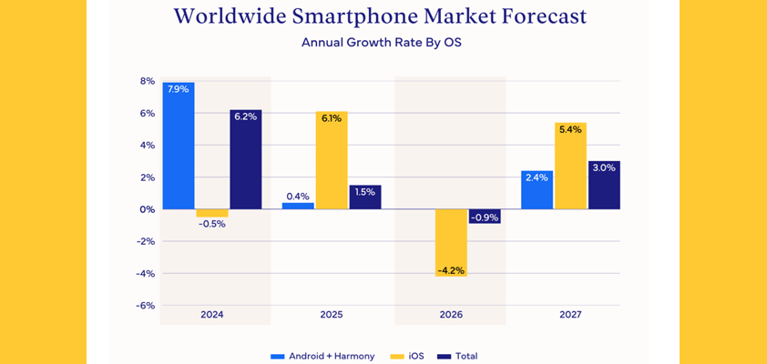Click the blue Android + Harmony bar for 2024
tap(179, 146)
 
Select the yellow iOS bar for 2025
tap(332, 160)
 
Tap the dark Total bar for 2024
tap(245, 159)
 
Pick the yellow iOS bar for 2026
tap(451, 242)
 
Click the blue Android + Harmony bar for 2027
tap(537, 189)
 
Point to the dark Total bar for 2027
tap(604, 185)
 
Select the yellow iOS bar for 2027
tap(570, 166)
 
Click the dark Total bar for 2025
tap(365, 197)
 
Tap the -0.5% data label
tap(212, 224)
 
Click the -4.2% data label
tap(451, 270)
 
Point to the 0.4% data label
tap(298, 196)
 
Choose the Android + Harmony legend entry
tap(323, 356)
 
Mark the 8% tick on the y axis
tap(147, 81)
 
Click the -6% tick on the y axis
tap(145, 306)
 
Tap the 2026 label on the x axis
tap(451, 315)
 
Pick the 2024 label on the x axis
tap(211, 315)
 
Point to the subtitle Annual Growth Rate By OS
tap(382, 42)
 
